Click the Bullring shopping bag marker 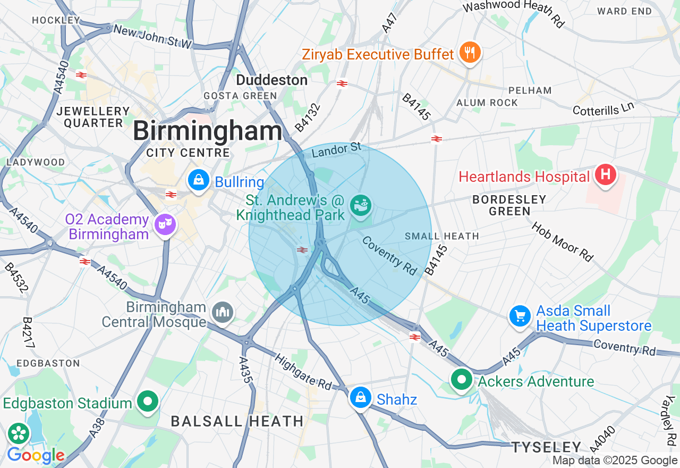pyautogui.click(x=198, y=181)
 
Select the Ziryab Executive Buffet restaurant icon pyautogui.click(x=470, y=53)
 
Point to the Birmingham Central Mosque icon pyautogui.click(x=222, y=312)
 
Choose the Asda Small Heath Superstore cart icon pyautogui.click(x=520, y=316)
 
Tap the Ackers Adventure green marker pyautogui.click(x=462, y=380)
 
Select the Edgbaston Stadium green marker pyautogui.click(x=148, y=402)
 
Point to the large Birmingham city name pyautogui.click(x=208, y=131)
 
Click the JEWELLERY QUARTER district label pyautogui.click(x=93, y=117)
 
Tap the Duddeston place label pyautogui.click(x=271, y=80)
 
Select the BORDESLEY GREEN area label pyautogui.click(x=509, y=205)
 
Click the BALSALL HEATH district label pyautogui.click(x=237, y=421)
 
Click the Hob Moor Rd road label pyautogui.click(x=563, y=241)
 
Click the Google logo pyautogui.click(x=36, y=455)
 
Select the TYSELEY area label pyautogui.click(x=547, y=447)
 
